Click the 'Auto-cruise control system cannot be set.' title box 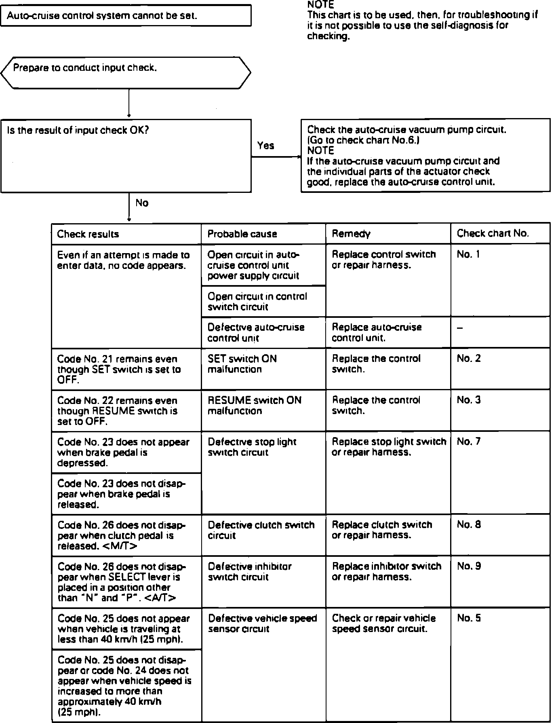125,16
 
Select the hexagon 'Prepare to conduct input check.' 125,72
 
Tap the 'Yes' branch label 265,146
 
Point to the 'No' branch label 142,203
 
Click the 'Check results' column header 88,234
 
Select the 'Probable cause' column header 242,234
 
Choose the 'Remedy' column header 351,234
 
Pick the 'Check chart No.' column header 493,233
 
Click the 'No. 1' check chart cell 468,254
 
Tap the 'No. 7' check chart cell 469,442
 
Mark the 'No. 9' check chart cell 469,566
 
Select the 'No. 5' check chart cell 469,618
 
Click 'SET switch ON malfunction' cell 242,364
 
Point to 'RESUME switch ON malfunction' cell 254,406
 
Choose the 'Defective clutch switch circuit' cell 261,530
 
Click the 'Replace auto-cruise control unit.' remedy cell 377,332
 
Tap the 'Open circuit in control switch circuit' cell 257,302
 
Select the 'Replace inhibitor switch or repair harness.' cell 386,571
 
